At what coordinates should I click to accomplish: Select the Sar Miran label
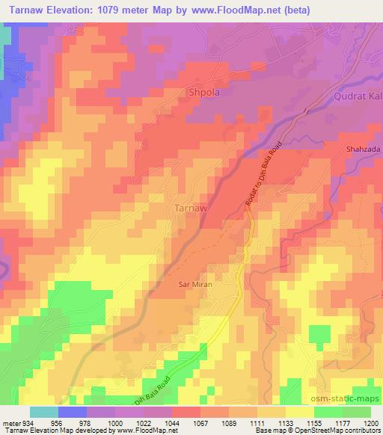(195, 285)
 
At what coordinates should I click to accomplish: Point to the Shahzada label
(364, 149)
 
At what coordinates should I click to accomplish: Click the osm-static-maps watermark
(350, 398)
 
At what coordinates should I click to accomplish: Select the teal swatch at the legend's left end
(43, 412)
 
